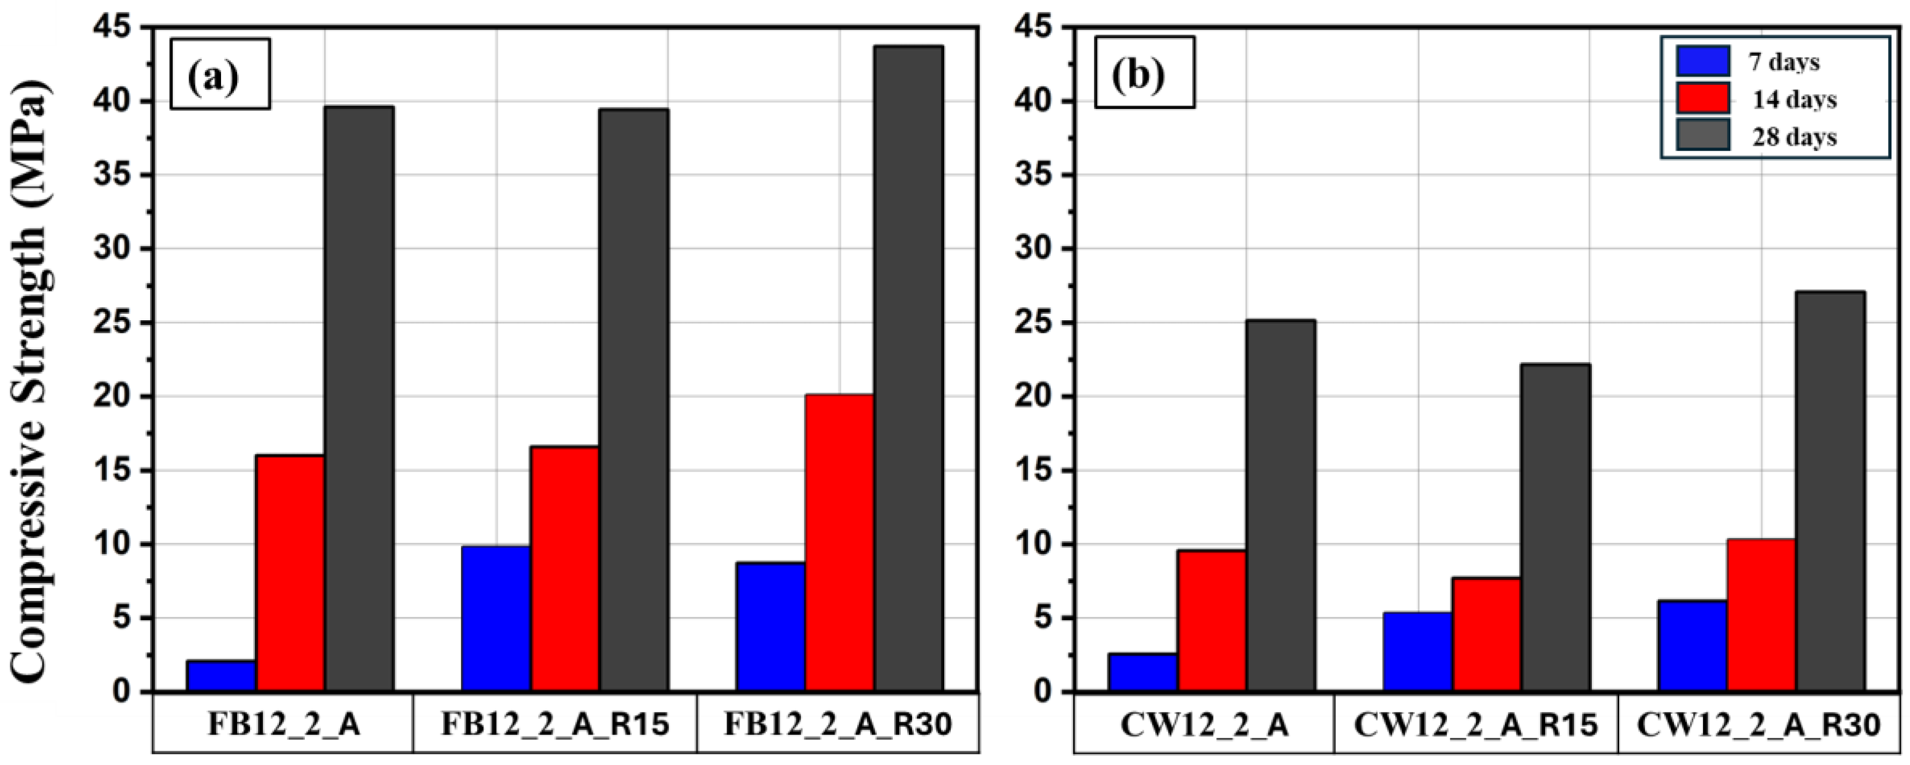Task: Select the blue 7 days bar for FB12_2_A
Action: pyautogui.click(x=221, y=676)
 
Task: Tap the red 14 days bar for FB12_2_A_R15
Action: pyautogui.click(x=565, y=569)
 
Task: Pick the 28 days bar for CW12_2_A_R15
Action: pyautogui.click(x=1555, y=528)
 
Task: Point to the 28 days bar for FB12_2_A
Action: pyautogui.click(x=359, y=399)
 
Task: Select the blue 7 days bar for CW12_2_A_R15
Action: pyautogui.click(x=1417, y=652)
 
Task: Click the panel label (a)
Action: pyautogui.click(x=219, y=74)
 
